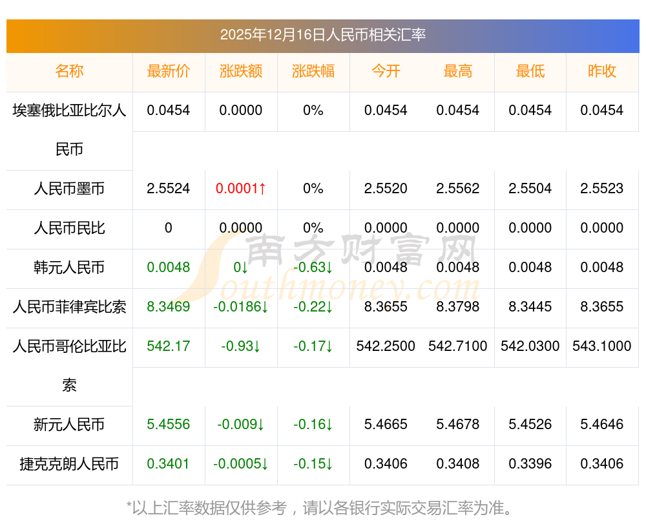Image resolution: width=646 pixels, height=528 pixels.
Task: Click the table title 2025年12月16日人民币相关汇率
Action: pos(322,35)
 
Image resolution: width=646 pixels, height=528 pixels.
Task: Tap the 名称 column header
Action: pos(69,72)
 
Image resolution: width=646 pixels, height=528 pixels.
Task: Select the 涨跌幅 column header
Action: pos(313,72)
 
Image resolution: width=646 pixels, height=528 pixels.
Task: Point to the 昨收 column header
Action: pos(602,72)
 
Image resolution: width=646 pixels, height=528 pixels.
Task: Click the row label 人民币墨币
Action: pos(69,189)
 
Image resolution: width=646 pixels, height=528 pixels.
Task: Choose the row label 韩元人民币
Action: pos(69,268)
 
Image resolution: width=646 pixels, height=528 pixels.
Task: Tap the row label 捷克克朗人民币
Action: pos(69,464)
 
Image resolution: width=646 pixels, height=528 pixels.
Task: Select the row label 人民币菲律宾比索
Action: pos(69,307)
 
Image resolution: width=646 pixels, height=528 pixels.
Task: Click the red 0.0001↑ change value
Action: pos(241,189)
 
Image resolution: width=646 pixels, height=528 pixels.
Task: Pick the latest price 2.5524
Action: pos(169,189)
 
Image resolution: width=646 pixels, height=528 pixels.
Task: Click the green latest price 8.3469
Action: pos(169,307)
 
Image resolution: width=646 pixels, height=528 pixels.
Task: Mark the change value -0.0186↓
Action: pos(241,307)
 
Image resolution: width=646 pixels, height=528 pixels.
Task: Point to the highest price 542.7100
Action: pos(458,346)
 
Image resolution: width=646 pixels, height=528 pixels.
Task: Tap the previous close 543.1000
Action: pos(602,346)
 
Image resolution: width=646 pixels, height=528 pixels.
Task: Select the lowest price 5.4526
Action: pos(530,425)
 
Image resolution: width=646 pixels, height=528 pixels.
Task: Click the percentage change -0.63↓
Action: pos(313,268)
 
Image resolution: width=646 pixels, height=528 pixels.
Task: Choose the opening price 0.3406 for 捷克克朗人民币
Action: pos(386,464)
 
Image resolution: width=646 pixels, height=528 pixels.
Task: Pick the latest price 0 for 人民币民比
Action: pos(169,228)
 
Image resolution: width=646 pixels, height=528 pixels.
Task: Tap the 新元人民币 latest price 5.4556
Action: pos(169,425)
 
